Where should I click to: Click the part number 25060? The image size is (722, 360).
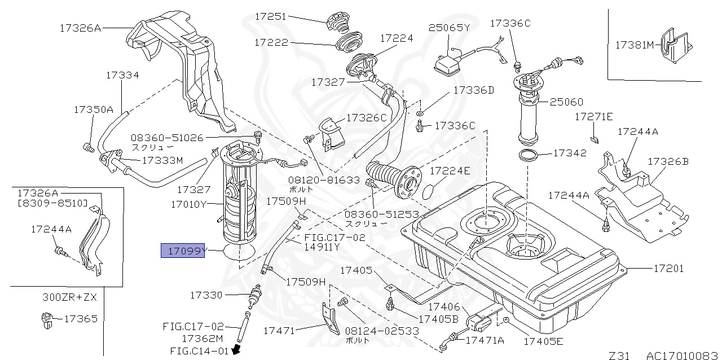tap(566, 102)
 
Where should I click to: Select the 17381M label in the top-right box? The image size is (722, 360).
tap(634, 45)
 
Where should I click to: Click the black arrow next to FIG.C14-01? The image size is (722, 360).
tap(237, 350)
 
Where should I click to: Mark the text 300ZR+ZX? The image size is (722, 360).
tap(70, 297)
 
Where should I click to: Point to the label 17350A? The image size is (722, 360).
tap(94, 109)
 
